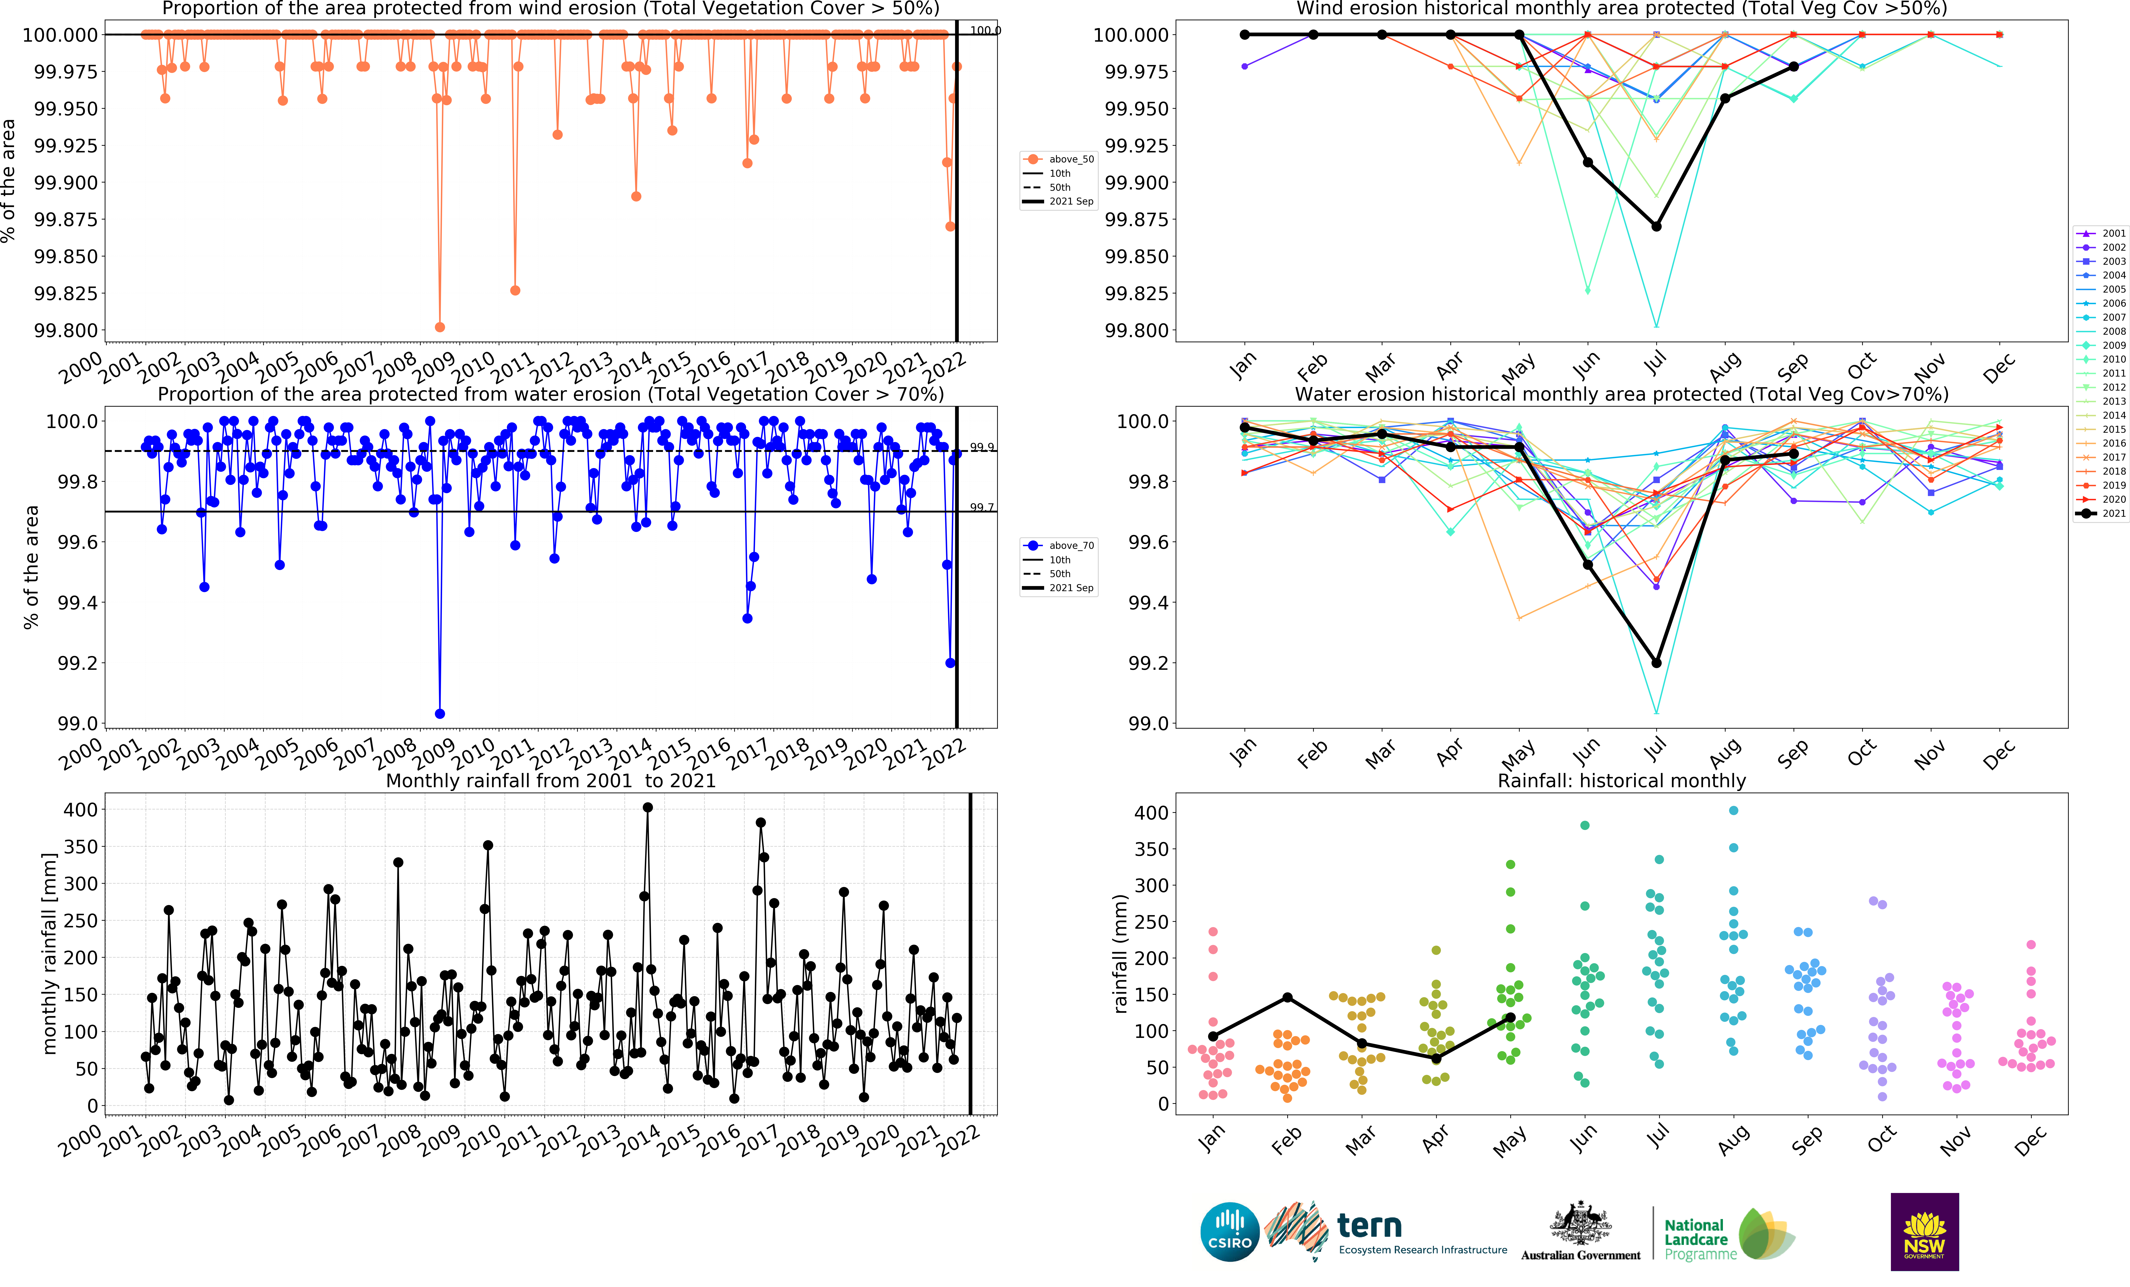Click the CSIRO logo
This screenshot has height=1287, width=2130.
[x=1229, y=1232]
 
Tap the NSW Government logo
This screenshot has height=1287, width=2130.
[x=1924, y=1232]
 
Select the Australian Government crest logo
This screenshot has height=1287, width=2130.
[x=1580, y=1226]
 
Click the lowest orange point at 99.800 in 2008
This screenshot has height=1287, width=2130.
[x=440, y=327]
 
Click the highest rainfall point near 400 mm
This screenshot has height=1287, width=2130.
[x=648, y=807]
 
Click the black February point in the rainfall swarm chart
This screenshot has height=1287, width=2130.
[x=1287, y=997]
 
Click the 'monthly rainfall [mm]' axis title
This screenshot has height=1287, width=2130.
[x=49, y=953]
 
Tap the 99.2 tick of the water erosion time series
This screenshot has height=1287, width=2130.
[x=77, y=663]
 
